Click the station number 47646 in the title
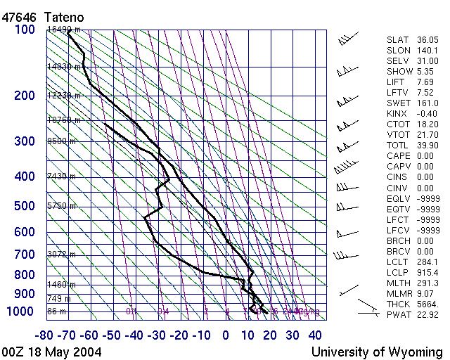[18, 15]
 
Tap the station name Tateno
[66, 15]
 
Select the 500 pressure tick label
[25, 206]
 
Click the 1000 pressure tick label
[21, 311]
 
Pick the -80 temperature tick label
[46, 334]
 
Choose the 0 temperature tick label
[226, 334]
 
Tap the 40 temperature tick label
[315, 334]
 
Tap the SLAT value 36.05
[427, 40]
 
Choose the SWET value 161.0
[427, 103]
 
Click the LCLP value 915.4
[427, 272]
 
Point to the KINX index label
[397, 114]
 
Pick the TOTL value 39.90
[427, 146]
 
